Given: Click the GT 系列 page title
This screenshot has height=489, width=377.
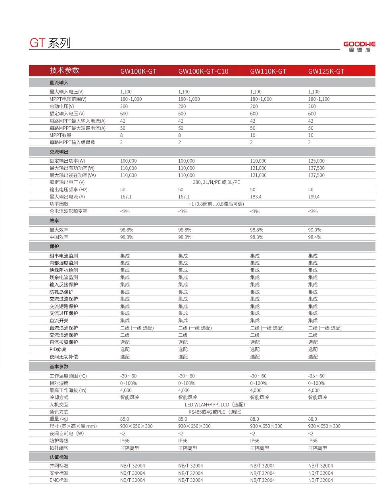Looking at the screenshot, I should pyautogui.click(x=50, y=43).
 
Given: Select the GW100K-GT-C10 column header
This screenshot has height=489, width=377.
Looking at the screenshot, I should pyautogui.click(x=203, y=71).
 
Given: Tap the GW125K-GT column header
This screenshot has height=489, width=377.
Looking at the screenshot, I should pyautogui.click(x=326, y=71).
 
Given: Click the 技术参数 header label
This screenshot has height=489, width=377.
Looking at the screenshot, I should pyautogui.click(x=64, y=70).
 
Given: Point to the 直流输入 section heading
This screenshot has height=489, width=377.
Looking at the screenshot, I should pyautogui.click(x=59, y=83).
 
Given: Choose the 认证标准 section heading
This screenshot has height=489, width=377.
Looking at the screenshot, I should pyautogui.click(x=59, y=457).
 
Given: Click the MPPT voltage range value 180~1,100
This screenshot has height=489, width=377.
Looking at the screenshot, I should pyautogui.click(x=319, y=99).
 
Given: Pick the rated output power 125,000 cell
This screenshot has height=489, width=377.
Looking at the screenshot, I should pyautogui.click(x=316, y=161).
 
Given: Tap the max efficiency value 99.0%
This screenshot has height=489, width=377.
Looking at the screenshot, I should pyautogui.click(x=315, y=230).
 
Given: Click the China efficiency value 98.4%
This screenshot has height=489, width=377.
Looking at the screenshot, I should pyautogui.click(x=315, y=237).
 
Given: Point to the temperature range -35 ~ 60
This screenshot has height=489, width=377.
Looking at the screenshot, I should pyautogui.click(x=316, y=376).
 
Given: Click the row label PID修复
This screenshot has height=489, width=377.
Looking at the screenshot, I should pyautogui.click(x=58, y=349).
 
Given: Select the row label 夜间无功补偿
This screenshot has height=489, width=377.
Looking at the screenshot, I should pyautogui.click(x=63, y=356).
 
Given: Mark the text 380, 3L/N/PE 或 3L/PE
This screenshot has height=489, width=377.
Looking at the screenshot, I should pyautogui.click(x=216, y=182).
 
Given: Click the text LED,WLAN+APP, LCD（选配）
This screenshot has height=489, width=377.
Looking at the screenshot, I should pyautogui.click(x=215, y=404).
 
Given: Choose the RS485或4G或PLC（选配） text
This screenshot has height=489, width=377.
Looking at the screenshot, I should pyautogui.click(x=215, y=412).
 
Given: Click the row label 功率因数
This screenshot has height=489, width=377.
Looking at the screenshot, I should pyautogui.click(x=59, y=204).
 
